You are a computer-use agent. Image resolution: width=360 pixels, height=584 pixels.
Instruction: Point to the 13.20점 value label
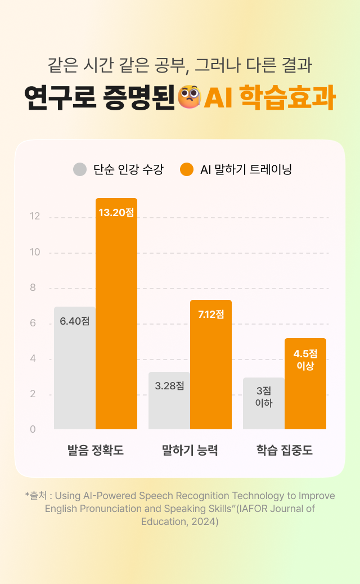pyautogui.click(x=116, y=213)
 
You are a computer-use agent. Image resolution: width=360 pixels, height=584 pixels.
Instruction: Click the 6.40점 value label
pyautogui.click(x=75, y=321)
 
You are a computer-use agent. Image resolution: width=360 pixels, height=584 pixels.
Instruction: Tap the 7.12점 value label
pyautogui.click(x=211, y=315)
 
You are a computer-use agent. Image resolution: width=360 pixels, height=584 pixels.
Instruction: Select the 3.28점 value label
pyautogui.click(x=169, y=386)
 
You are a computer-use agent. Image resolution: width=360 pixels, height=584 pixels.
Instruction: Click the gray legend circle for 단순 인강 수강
pyautogui.click(x=80, y=169)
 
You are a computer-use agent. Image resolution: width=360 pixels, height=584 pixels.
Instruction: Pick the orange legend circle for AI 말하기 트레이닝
pyautogui.click(x=187, y=169)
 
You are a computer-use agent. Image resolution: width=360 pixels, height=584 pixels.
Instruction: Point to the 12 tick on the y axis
pyautogui.click(x=35, y=217)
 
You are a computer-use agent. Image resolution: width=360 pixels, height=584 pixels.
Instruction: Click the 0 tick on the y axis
pyautogui.click(x=33, y=429)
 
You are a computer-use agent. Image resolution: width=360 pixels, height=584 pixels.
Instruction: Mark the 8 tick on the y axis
pyautogui.click(x=33, y=287)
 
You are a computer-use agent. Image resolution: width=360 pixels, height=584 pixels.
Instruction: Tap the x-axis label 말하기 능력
pyautogui.click(x=190, y=451)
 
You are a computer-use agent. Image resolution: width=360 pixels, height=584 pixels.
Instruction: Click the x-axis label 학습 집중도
pyautogui.click(x=284, y=451)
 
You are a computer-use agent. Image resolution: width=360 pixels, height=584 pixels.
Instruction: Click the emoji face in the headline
pyautogui.click(x=188, y=97)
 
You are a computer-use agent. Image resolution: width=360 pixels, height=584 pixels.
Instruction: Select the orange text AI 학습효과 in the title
pyautogui.click(x=269, y=98)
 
